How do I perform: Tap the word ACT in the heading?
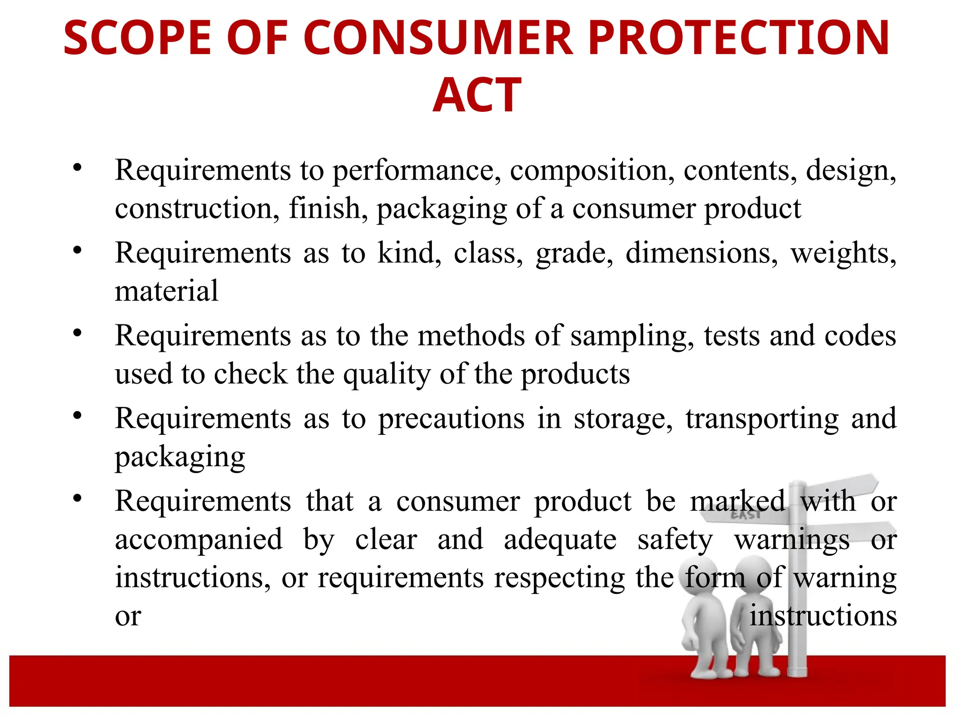(x=477, y=95)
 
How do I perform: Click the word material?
(x=166, y=291)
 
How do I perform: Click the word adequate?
(x=560, y=541)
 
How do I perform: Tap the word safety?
(x=675, y=541)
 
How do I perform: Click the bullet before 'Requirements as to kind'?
(x=77, y=250)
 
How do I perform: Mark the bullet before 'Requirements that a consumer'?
(x=77, y=498)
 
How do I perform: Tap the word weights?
(x=843, y=254)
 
